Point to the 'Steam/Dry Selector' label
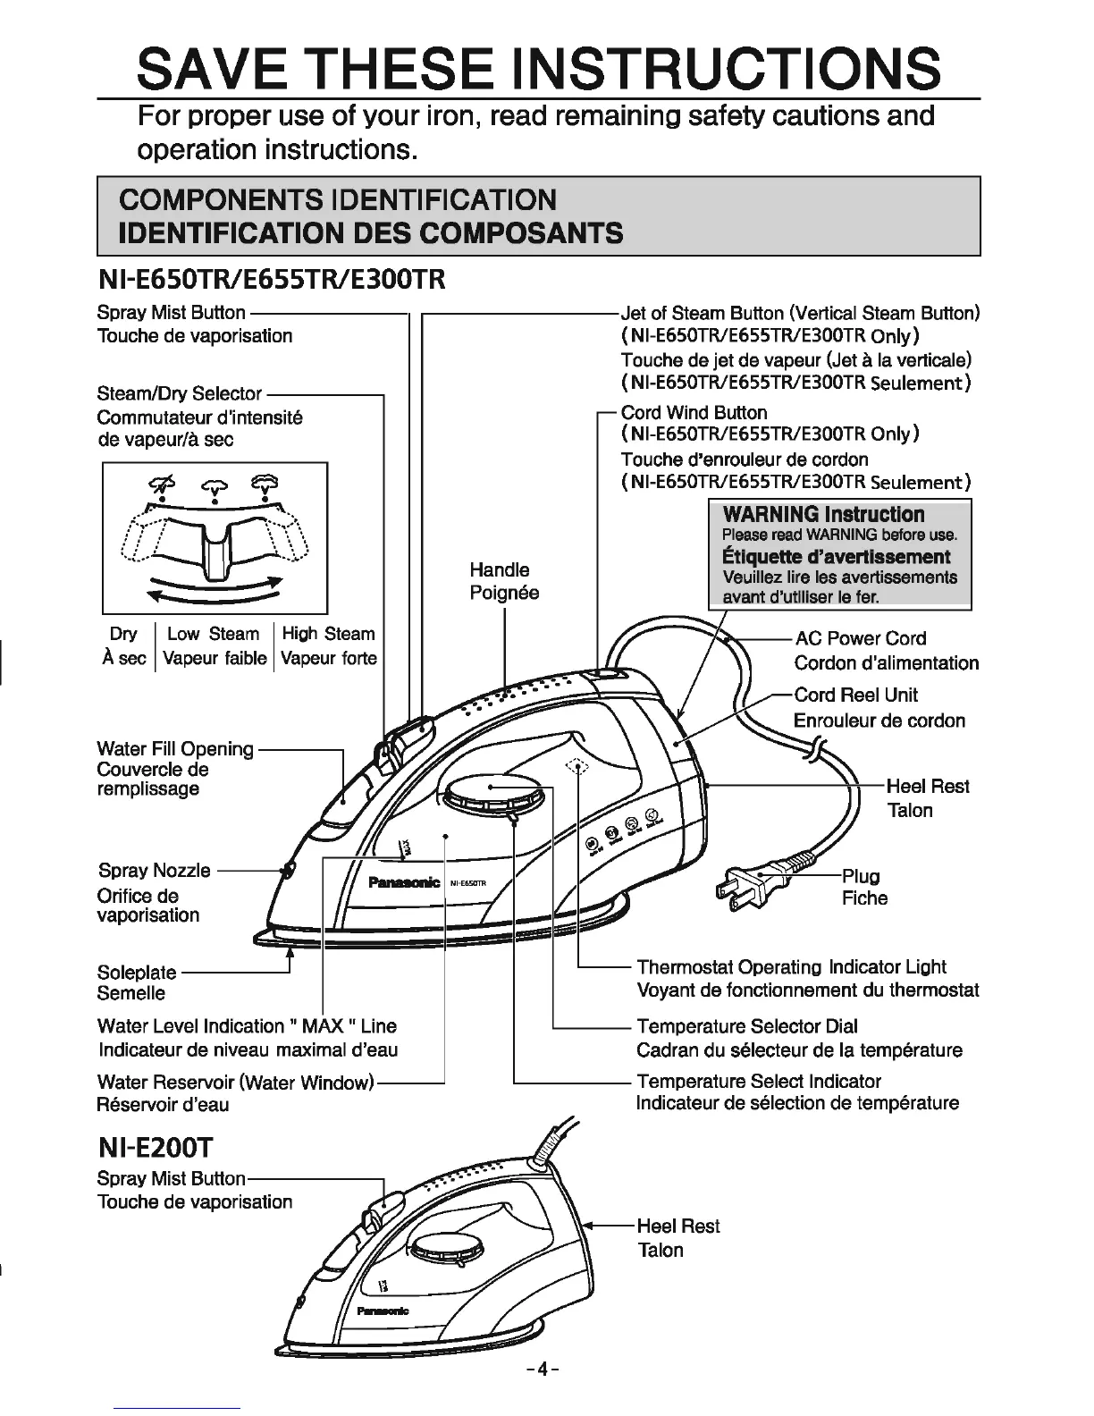pos(179,393)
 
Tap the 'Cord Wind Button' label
pos(694,412)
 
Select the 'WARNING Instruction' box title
pos(823,514)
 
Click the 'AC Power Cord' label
pos(860,638)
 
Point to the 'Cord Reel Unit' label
pos(855,695)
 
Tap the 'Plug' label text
pos(861,875)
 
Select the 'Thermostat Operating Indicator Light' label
pos(791,966)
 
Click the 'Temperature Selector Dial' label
pos(746,1025)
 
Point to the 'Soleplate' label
pos(137,972)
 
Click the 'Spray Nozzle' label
pos(155,870)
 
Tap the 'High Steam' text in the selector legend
pos(328,634)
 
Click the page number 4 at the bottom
pos(543,1369)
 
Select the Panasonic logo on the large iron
pos(405,882)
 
